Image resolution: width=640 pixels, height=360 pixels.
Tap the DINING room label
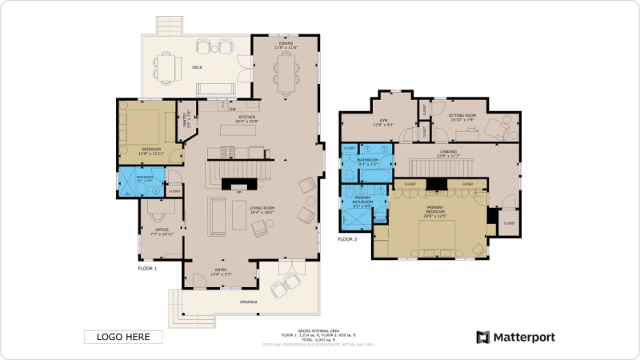286,45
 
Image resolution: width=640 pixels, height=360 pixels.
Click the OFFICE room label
162,230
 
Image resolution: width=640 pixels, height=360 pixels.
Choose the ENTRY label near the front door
219,270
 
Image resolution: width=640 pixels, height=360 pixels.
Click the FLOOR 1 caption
147,269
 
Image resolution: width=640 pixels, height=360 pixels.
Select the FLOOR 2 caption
347,239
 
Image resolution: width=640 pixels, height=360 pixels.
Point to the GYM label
383,121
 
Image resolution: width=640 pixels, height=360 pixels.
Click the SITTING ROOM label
462,116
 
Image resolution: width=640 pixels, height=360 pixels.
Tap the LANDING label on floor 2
448,151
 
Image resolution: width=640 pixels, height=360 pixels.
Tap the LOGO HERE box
123,337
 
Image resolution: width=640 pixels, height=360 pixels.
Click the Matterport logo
515,337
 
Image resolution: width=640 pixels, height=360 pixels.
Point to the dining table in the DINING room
286,70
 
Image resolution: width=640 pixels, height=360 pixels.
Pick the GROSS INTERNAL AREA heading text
318,329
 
